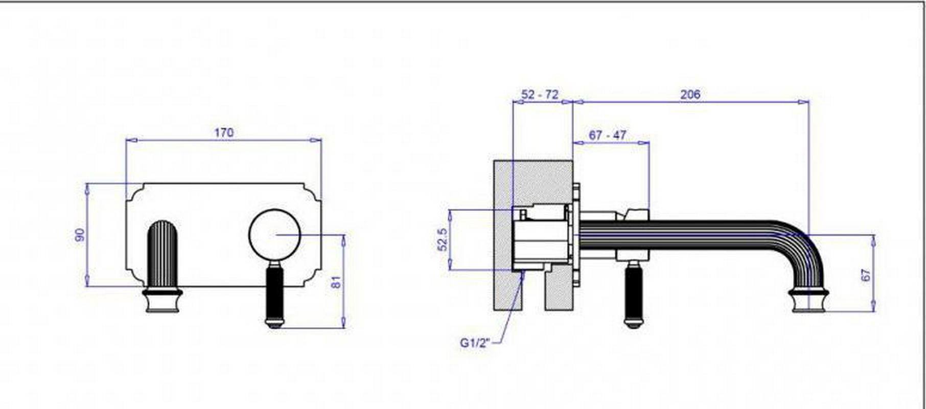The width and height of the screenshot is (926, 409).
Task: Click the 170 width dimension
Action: (224, 132)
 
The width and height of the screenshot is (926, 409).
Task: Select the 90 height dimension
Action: (80, 235)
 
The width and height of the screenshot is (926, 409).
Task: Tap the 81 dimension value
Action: (336, 282)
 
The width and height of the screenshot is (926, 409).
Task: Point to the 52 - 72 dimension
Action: (540, 95)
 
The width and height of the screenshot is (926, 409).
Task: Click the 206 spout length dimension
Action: (690, 95)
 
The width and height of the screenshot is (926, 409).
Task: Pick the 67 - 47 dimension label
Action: (607, 135)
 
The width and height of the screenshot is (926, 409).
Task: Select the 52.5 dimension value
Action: (443, 239)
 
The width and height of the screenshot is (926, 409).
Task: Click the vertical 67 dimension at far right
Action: (866, 275)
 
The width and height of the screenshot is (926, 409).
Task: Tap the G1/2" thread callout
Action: (475, 343)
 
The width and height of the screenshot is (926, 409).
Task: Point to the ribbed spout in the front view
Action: (162, 253)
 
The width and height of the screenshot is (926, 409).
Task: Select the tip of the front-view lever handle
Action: (274, 324)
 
